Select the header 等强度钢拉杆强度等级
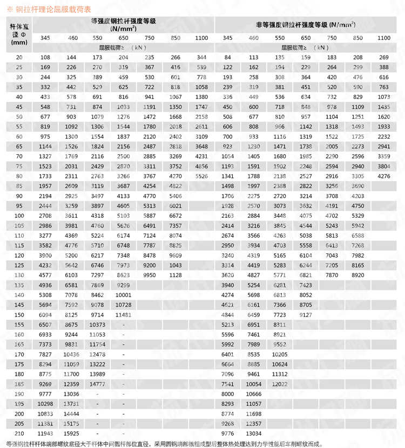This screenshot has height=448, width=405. pos(124,21)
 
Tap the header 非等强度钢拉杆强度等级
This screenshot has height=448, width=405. pos(306,25)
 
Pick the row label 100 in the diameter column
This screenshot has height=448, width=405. pos(19,215)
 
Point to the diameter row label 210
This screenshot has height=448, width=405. pos(19,433)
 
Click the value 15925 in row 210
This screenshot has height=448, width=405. pos(71,433)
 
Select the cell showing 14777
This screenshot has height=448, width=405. pos(97,383)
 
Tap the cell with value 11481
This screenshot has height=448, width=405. pos(124,314)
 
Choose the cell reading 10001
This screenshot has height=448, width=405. pos(124,294)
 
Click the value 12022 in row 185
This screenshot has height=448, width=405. pos(279,383)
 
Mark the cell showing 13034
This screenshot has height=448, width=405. pos(253,433)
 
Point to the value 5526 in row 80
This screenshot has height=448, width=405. pos(201,176)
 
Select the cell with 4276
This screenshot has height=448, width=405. pos(384,176)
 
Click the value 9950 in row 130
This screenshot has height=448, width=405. pos(150,274)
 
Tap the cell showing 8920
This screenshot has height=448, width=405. pos(357,274)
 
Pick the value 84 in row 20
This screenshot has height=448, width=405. pos(227,57)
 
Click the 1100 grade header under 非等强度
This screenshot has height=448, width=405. pos(384,38)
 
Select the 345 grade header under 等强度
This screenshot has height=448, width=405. pos(45,38)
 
